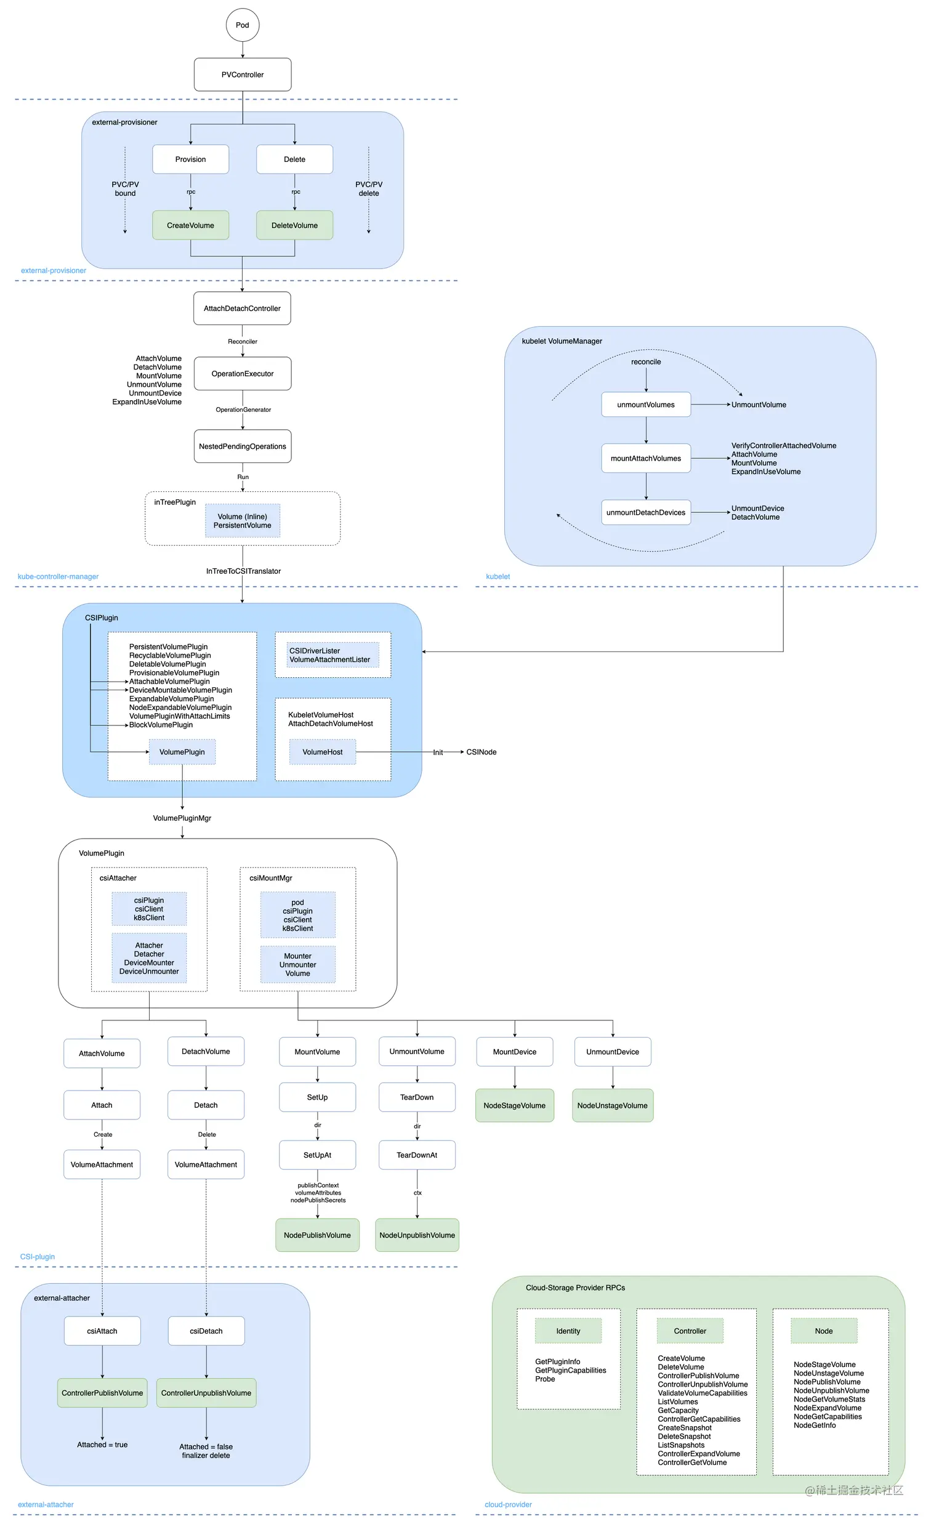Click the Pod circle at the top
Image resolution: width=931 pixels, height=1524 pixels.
pyautogui.click(x=243, y=25)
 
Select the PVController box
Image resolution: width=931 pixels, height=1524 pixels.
pyautogui.click(x=243, y=75)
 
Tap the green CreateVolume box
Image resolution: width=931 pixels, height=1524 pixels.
pyautogui.click(x=190, y=225)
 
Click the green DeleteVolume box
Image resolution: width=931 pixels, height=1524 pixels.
pyautogui.click(x=294, y=225)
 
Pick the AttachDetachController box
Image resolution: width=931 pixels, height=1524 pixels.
pyautogui.click(x=243, y=308)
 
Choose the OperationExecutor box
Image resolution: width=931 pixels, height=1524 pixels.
pyautogui.click(x=243, y=374)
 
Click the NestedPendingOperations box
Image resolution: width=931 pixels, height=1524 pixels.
pyautogui.click(x=243, y=446)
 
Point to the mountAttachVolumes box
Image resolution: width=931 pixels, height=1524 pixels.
pyautogui.click(x=646, y=458)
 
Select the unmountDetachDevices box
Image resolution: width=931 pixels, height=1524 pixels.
pyautogui.click(x=646, y=513)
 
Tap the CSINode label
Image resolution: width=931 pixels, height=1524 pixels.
pyautogui.click(x=482, y=752)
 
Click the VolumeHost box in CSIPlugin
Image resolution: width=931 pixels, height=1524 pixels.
pyautogui.click(x=322, y=752)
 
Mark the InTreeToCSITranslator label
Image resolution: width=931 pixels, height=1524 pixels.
pyautogui.click(x=243, y=571)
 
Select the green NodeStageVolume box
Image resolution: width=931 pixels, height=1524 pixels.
pyautogui.click(x=515, y=1106)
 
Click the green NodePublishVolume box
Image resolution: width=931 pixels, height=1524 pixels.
pyautogui.click(x=317, y=1235)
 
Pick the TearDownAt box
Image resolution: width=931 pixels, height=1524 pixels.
pyautogui.click(x=417, y=1155)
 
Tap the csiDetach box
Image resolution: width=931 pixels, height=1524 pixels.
pyautogui.click(x=206, y=1331)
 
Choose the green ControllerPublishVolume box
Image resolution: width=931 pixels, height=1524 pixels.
pyautogui.click(x=102, y=1393)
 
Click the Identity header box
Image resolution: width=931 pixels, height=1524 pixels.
pyautogui.click(x=568, y=1331)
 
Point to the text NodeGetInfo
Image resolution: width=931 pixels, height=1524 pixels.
pyautogui.click(x=815, y=1425)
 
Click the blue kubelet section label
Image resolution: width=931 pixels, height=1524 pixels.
pyautogui.click(x=498, y=576)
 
